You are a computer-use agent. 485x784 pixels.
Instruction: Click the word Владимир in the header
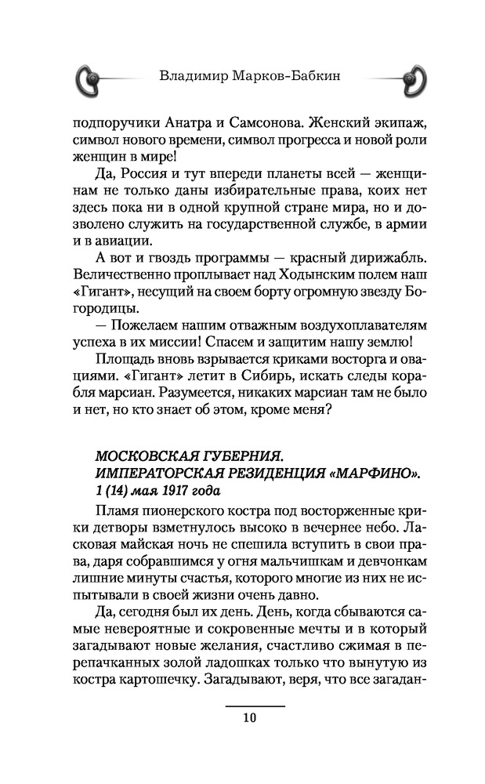(189, 77)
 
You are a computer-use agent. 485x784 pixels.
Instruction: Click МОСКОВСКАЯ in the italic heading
(144, 456)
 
